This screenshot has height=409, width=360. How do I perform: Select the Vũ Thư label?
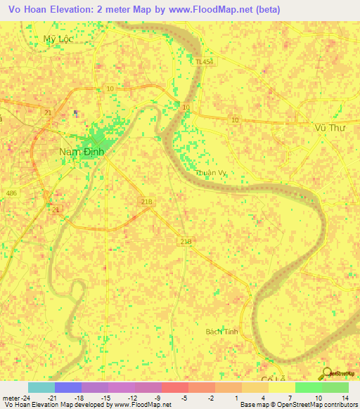[x=328, y=127]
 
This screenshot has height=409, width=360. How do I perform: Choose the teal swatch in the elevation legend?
[x=41, y=387]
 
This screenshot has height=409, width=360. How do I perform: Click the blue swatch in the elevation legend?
[x=68, y=387]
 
